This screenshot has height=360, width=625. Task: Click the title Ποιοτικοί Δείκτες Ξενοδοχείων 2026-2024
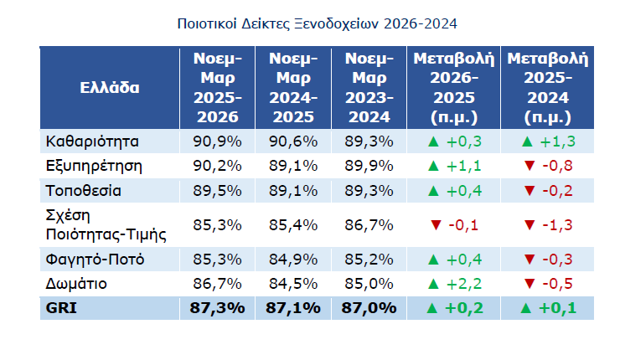[317, 24]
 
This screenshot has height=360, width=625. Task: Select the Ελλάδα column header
[110, 88]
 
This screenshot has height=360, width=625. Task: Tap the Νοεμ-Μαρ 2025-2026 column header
[217, 88]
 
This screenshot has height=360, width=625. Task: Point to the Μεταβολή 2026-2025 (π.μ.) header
[454, 88]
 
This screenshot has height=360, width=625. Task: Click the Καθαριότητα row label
[92, 141]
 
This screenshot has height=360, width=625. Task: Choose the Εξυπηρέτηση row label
[94, 166]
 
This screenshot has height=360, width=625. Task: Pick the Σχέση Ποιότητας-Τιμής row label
[106, 225]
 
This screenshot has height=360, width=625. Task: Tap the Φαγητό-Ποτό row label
[95, 260]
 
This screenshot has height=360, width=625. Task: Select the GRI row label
[61, 308]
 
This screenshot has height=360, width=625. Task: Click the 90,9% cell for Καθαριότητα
[217, 141]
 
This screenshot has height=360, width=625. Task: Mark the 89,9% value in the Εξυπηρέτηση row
[369, 166]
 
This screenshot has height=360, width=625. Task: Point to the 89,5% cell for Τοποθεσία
[217, 191]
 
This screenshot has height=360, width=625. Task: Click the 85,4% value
[293, 225]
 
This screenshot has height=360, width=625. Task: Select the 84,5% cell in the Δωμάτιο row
[293, 284]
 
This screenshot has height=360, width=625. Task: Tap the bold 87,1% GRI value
[293, 308]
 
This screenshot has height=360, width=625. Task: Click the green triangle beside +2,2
[433, 284]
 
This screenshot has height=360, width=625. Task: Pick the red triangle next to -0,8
[529, 166]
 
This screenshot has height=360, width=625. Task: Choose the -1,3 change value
[557, 225]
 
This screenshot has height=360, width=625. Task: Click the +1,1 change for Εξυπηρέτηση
[464, 166]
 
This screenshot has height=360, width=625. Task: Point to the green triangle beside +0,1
[526, 308]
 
